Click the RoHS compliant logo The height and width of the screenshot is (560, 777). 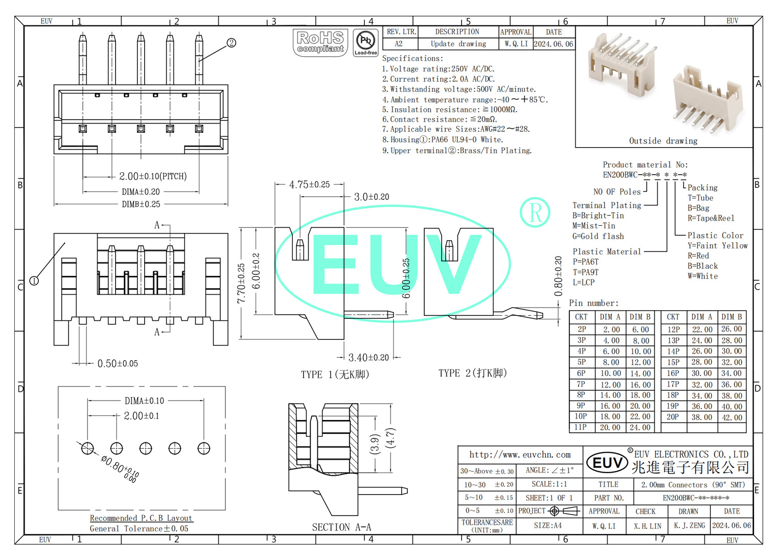coord(321,42)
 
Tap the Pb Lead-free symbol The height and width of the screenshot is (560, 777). coord(365,42)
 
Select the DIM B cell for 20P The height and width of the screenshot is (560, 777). coord(732,417)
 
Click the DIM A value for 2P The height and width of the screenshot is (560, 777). coord(611,330)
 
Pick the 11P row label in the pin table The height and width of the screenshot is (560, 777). coord(581,427)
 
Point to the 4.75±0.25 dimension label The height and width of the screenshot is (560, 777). coord(309,184)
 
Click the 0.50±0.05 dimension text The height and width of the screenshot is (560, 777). coord(118,364)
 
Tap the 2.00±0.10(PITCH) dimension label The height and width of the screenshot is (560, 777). coord(153,176)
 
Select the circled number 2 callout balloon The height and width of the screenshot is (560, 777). coord(232,43)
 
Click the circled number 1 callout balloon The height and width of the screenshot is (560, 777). coord(34,281)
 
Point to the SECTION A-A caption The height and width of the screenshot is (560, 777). coord(341,527)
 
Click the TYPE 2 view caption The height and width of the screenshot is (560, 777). coord(472,373)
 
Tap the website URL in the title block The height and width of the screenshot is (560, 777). coord(520,454)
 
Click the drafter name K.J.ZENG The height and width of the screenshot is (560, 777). coord(689,525)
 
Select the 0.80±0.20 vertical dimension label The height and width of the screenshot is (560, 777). coord(558,276)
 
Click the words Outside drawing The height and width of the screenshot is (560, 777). coord(663,141)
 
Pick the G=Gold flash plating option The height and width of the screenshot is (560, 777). coord(598,236)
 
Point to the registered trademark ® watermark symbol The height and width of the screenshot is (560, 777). coord(535,213)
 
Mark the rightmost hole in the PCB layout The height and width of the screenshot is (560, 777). coord(204,449)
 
